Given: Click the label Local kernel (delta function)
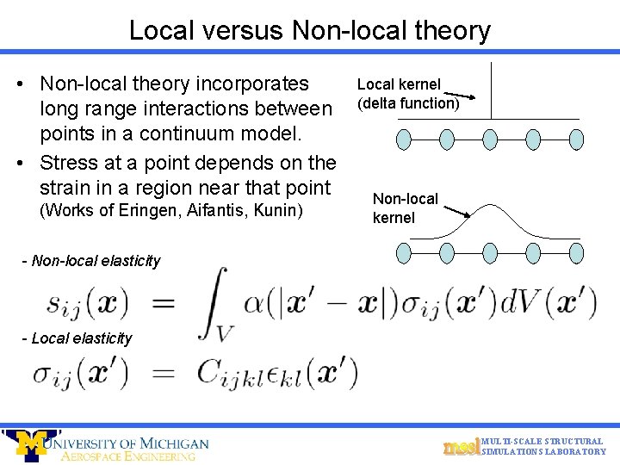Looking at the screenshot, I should coord(407,94).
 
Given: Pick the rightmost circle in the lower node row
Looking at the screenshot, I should coord(576,251).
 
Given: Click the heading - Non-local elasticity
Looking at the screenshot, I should coord(90,260).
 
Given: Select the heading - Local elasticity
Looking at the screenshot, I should coord(77,338).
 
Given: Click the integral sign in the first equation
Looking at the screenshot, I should coord(214,301).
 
